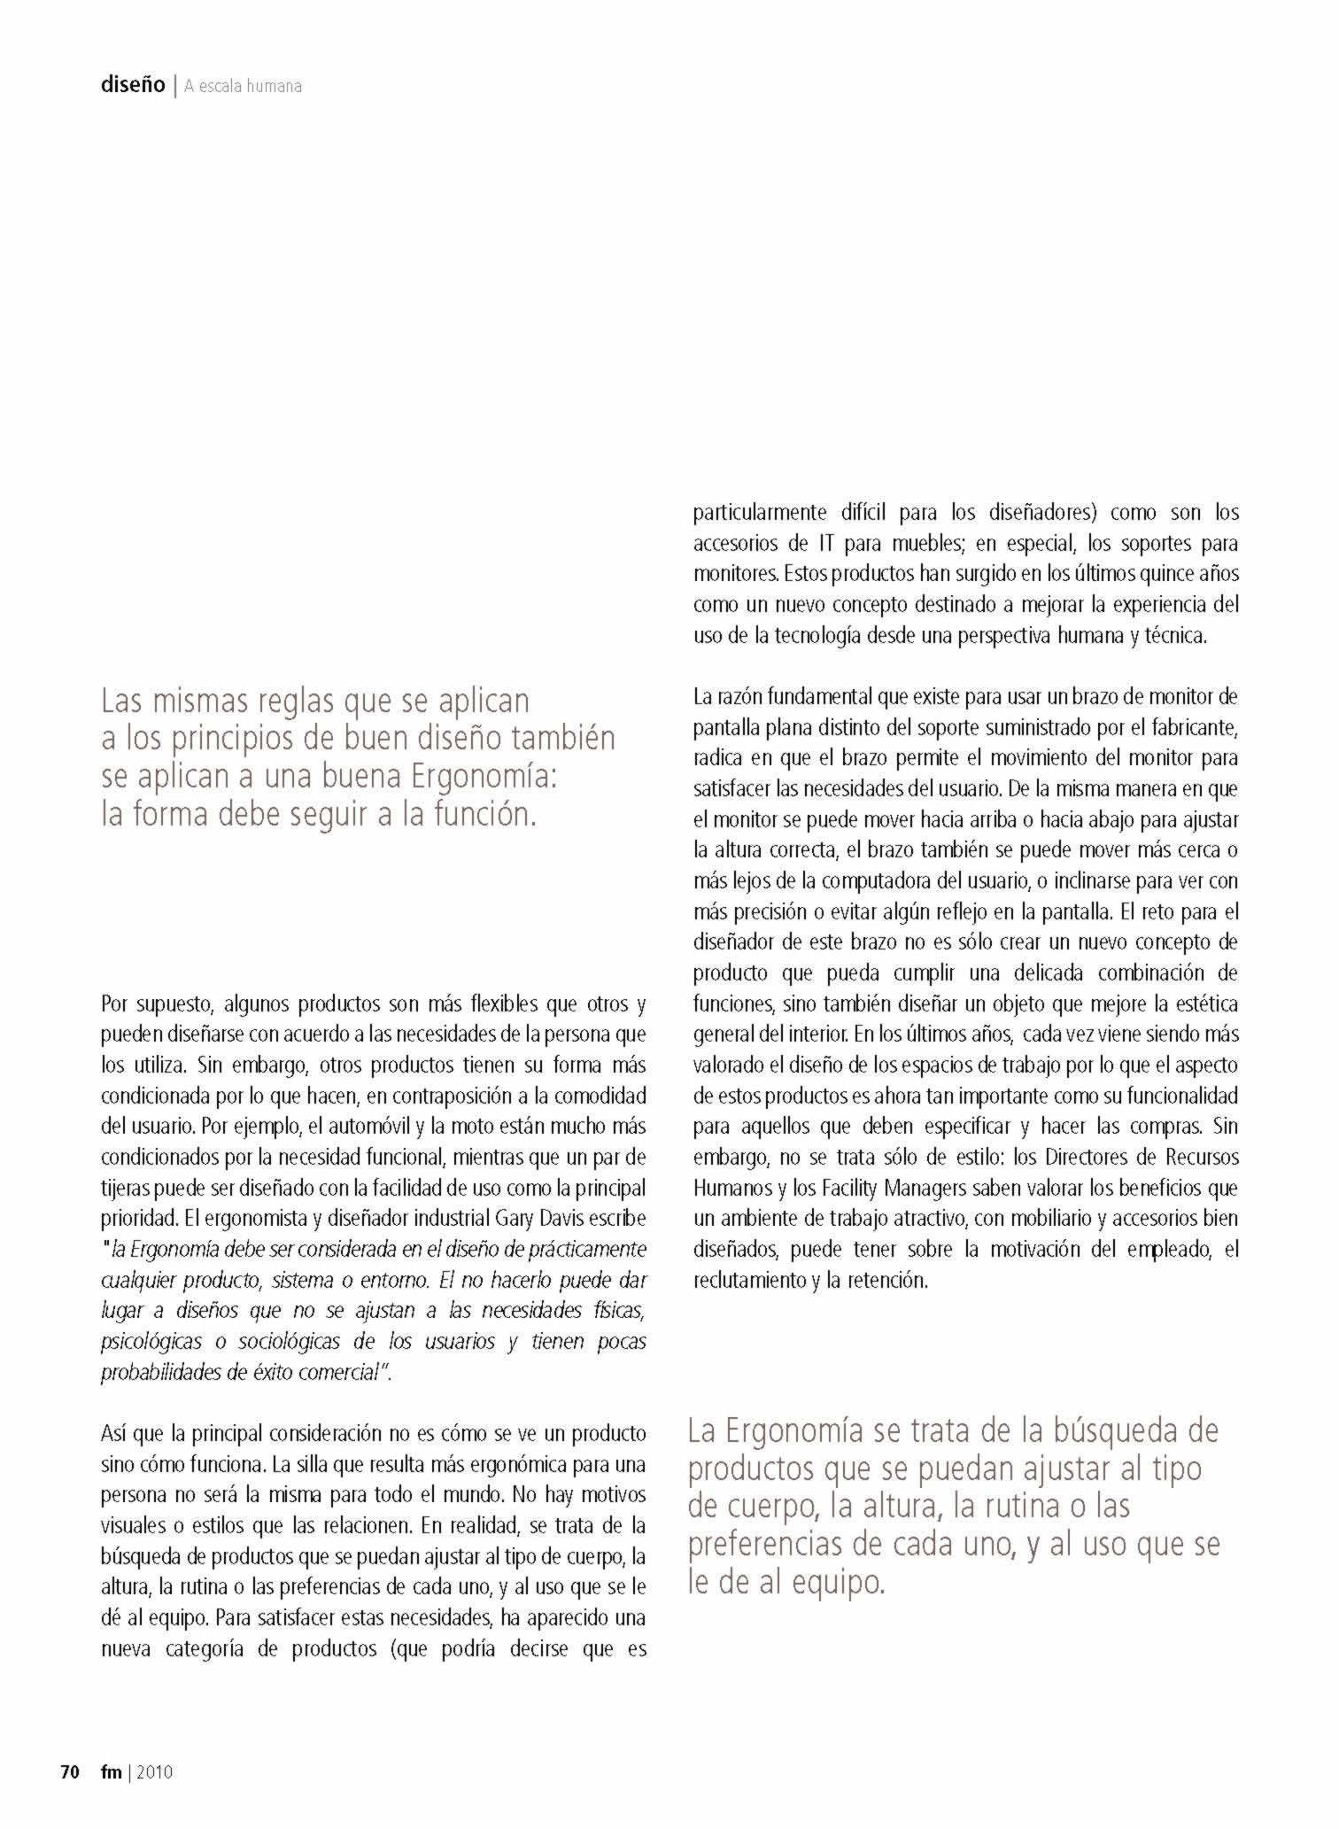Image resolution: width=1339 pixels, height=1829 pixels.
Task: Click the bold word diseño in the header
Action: tap(133, 85)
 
